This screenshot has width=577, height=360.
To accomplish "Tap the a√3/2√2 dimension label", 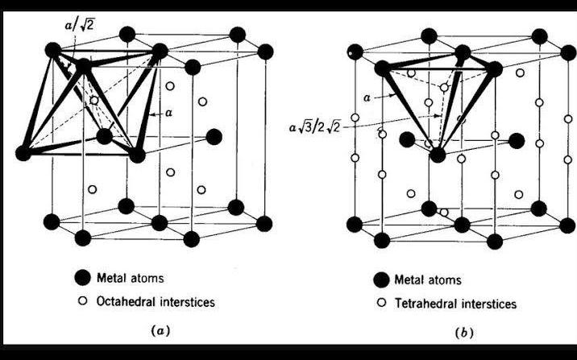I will pyautogui.click(x=319, y=126).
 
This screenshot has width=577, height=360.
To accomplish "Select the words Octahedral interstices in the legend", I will pyautogui.click(x=163, y=302).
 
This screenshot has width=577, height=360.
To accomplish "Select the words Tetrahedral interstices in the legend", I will pyautogui.click(x=455, y=304).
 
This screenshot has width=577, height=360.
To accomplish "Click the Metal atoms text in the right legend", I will pyautogui.click(x=428, y=280).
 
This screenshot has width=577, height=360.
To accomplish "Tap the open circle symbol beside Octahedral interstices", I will pyautogui.click(x=81, y=302).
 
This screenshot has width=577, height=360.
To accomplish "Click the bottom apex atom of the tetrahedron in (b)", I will pyautogui.click(x=437, y=155).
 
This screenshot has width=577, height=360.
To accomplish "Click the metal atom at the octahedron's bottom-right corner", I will pyautogui.click(x=137, y=153).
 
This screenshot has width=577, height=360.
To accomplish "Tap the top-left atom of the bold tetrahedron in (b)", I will pyautogui.click(x=382, y=68).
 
